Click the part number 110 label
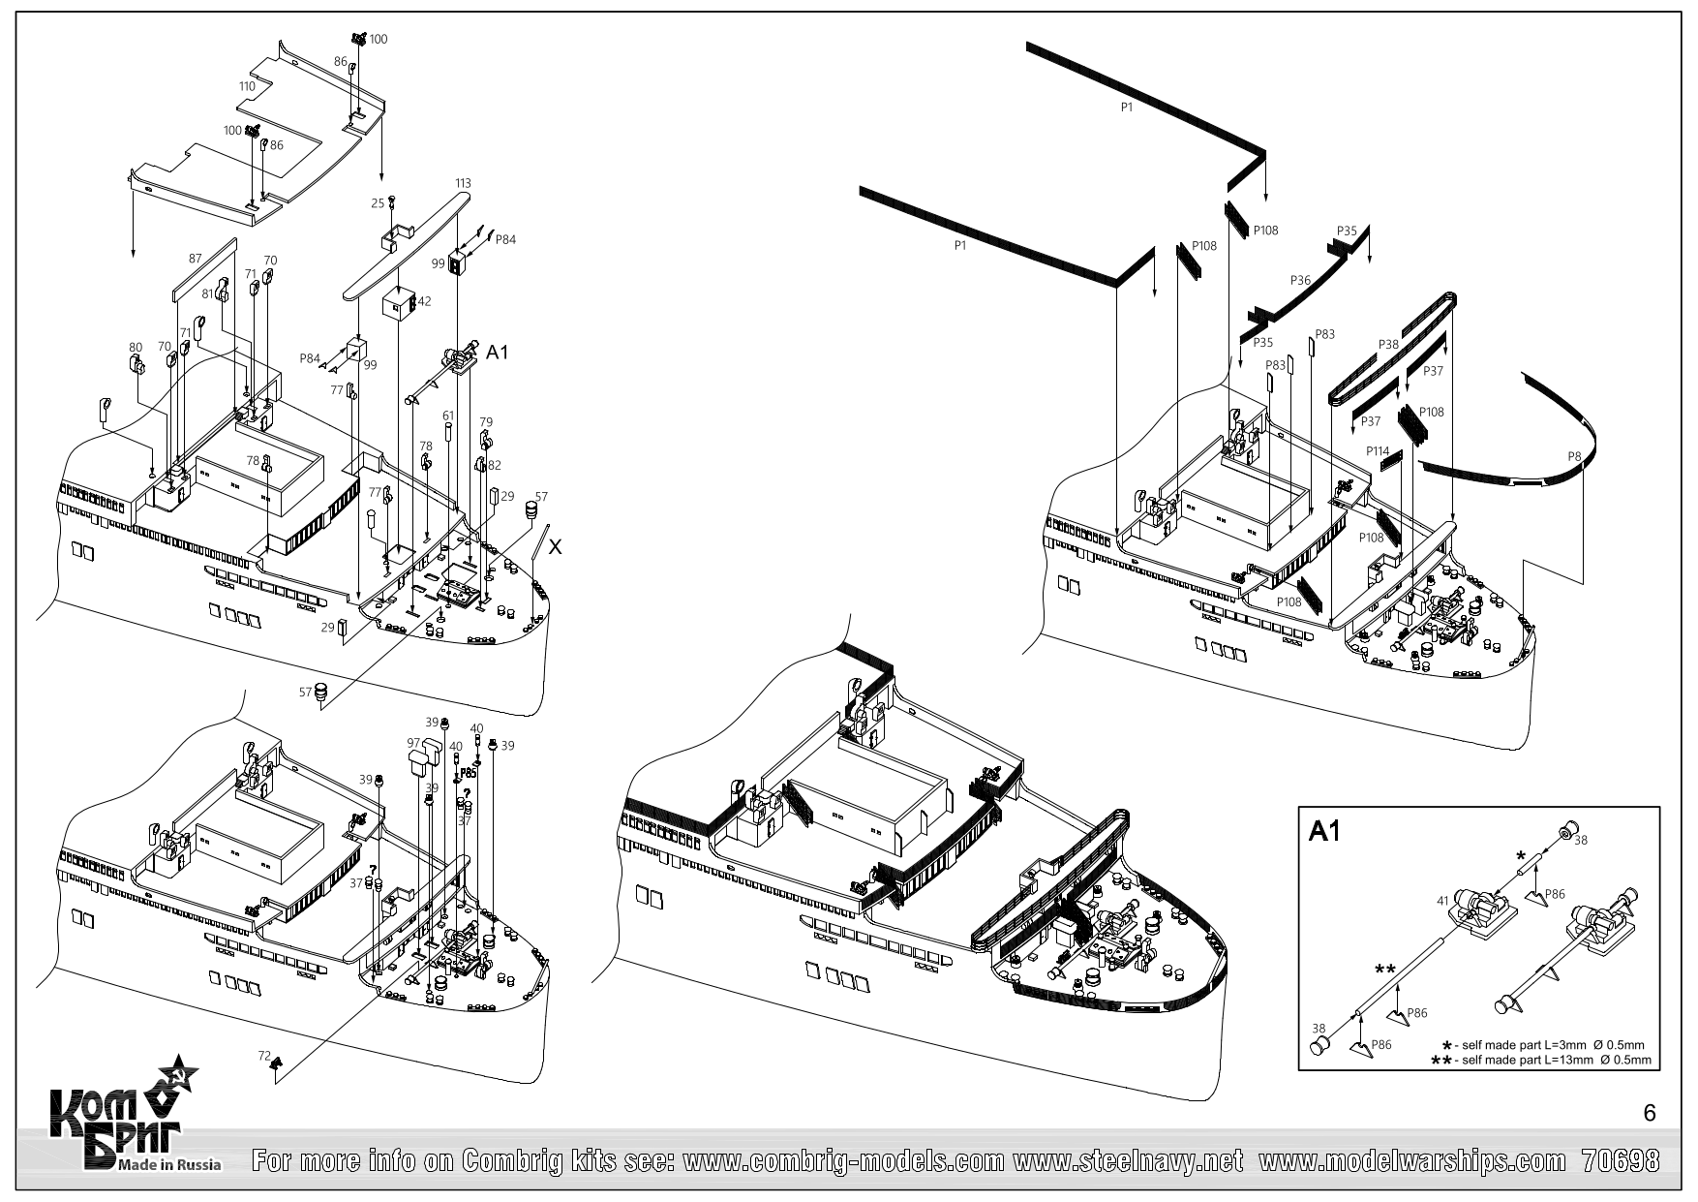[x=247, y=86]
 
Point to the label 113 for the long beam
[x=463, y=183]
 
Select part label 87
[x=196, y=259]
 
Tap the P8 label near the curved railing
[x=1575, y=456]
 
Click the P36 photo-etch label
[x=1300, y=281]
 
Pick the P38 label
[x=1387, y=344]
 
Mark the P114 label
[x=1378, y=451]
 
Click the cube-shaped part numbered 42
[x=397, y=304]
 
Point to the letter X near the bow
[x=555, y=547]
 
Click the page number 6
[x=1650, y=1114]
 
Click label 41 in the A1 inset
[x=1442, y=901]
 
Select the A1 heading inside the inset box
[x=1325, y=832]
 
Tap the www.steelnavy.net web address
[x=1128, y=1160]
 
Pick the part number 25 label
[x=379, y=203]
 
